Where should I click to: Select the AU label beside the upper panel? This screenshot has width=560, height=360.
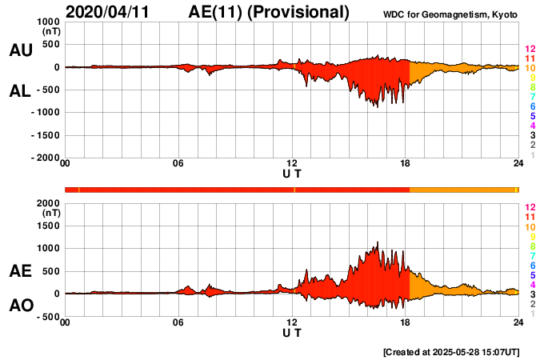point(21,50)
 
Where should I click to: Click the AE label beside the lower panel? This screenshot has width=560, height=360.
point(21,272)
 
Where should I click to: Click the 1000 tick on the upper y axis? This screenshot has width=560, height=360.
point(47,22)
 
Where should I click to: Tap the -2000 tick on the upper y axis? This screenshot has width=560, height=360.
point(44,158)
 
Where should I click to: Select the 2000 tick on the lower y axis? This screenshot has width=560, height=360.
point(47,203)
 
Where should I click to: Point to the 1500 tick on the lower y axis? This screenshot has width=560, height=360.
point(47,226)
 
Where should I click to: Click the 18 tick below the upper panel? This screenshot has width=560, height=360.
point(406,164)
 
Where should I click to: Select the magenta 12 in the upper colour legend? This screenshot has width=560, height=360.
point(530,49)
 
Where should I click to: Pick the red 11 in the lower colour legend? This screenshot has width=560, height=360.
point(530,217)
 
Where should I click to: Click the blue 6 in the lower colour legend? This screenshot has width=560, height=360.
point(532,265)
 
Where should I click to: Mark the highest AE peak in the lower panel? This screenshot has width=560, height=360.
point(377,242)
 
